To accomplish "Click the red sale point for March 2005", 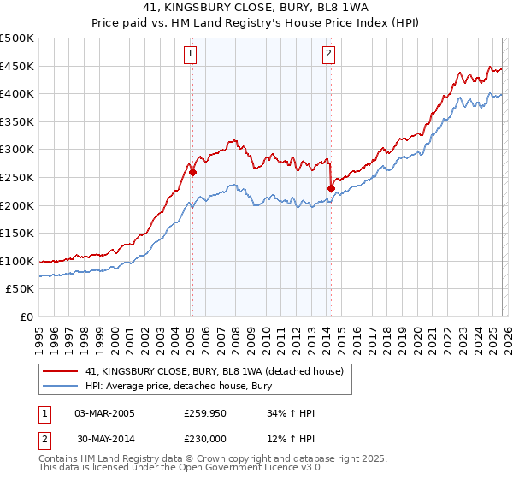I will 192,172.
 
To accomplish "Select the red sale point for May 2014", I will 331,188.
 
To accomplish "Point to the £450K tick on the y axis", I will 17,66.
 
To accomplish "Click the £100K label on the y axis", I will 17,261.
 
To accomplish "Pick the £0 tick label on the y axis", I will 26,316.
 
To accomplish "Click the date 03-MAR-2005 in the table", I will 104,413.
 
